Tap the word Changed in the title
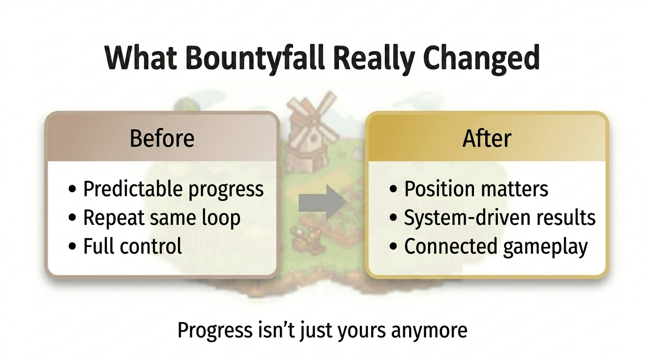481,59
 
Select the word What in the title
141,57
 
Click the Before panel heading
162,139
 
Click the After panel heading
487,139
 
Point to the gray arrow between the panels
322,202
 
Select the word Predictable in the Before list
133,189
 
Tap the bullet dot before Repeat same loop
72,217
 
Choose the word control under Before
150,246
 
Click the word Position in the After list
439,189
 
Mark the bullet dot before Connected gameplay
393,246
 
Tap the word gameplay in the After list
545,247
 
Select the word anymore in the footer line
429,331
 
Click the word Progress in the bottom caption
215,330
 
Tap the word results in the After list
566,217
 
